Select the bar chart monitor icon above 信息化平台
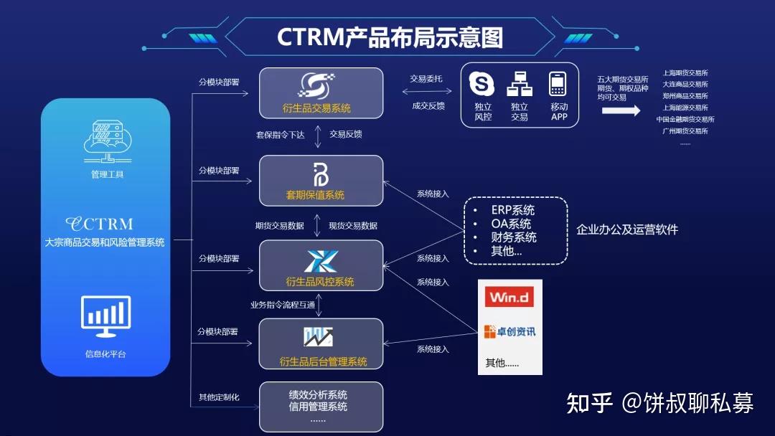coord(106,316)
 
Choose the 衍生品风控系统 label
coord(320,281)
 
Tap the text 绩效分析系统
coord(318,394)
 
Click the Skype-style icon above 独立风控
coord(482,83)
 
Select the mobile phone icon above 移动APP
coord(558,84)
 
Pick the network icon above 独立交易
coord(519,84)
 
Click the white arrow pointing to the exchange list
coord(621,111)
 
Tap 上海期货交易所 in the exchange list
coord(685,72)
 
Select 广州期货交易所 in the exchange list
coord(685,131)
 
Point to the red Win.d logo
coord(509,297)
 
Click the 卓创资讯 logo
coord(509,331)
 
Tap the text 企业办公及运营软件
coord(626,229)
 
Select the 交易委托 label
coord(426,79)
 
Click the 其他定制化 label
coord(219,397)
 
